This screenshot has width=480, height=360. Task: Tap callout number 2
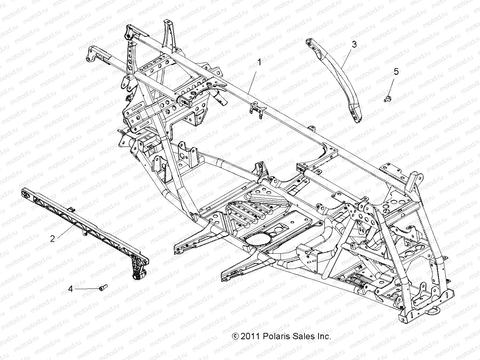[x=52, y=239]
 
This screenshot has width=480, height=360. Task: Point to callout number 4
[x=70, y=288]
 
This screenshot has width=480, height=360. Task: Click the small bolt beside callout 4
[x=103, y=287]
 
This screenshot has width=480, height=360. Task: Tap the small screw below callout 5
[x=387, y=99]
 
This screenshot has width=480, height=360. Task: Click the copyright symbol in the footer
[x=236, y=337]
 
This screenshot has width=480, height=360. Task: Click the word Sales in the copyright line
[x=303, y=337]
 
